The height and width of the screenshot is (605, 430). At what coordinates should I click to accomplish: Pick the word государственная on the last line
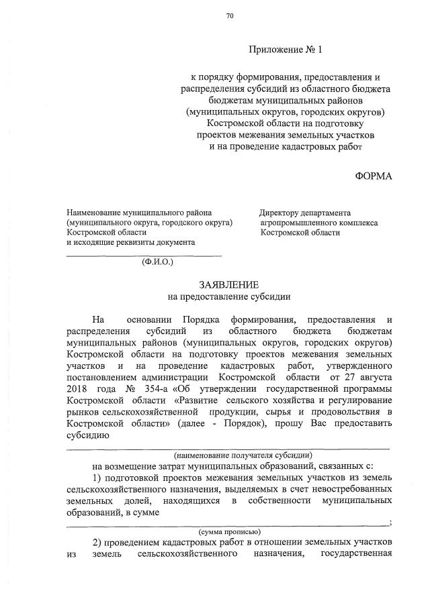356,555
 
